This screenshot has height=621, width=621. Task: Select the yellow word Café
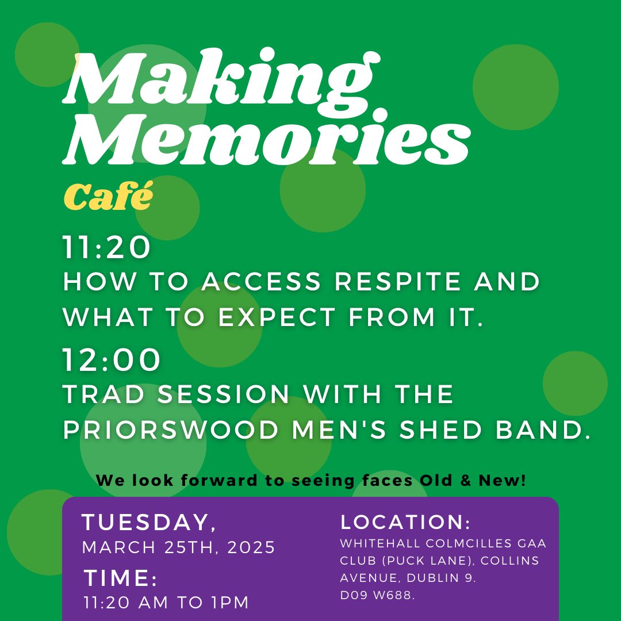tap(108, 197)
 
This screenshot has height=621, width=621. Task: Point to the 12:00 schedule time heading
tap(112, 361)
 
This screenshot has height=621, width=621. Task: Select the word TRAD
tap(105, 394)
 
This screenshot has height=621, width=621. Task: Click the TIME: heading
tap(120, 578)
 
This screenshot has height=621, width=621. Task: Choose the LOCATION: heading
tap(405, 523)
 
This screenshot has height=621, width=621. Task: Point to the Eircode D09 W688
tap(377, 596)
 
